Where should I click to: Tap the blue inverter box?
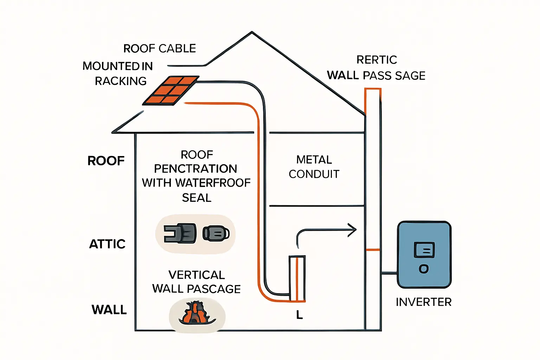[x=424, y=255]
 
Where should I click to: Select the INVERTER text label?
[x=424, y=302]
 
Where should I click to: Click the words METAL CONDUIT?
[x=314, y=167]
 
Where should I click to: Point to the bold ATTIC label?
[x=107, y=244]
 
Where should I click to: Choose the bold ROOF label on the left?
[x=106, y=161]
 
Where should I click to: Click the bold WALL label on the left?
[x=109, y=310]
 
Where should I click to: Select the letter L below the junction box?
[x=299, y=315]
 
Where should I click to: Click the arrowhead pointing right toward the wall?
[x=353, y=230]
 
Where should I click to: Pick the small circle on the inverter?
[x=424, y=269]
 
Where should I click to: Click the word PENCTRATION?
[x=195, y=169]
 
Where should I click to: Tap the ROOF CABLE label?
[x=160, y=49]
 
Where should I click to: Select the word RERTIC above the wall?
[x=377, y=60]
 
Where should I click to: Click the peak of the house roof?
[x=252, y=32]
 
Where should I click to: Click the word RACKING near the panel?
[x=121, y=81]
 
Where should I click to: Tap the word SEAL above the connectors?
[x=197, y=198]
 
